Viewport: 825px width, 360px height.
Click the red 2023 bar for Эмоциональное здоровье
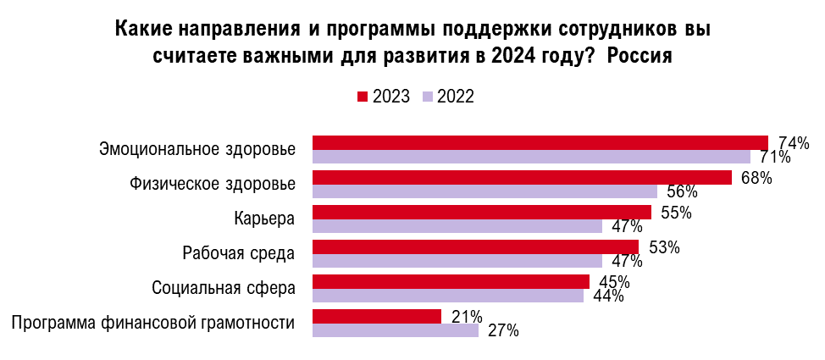click(x=540, y=142)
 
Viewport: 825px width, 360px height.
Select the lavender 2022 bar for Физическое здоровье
click(x=484, y=191)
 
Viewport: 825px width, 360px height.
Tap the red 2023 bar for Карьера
click(x=482, y=212)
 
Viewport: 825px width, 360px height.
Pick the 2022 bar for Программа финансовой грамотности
click(x=396, y=330)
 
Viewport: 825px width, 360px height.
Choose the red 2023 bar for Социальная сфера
click(x=451, y=281)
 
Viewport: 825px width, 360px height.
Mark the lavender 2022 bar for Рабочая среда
click(x=457, y=261)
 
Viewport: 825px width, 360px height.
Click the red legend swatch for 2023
click(x=362, y=97)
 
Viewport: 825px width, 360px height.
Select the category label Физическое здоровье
click(x=212, y=184)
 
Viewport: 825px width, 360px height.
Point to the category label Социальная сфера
click(x=224, y=287)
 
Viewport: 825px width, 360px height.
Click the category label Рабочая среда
click(x=239, y=252)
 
